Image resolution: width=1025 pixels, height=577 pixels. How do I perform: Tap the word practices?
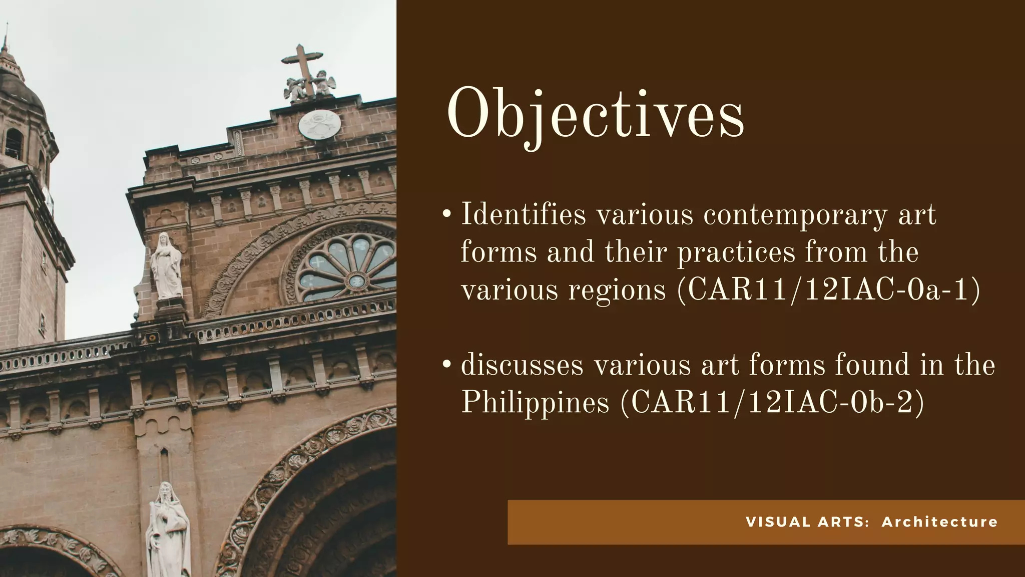[x=736, y=252]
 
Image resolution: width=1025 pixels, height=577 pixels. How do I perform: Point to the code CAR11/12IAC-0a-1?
[x=829, y=290]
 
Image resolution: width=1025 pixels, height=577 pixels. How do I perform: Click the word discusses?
[x=522, y=365]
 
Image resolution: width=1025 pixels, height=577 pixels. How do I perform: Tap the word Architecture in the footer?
[x=939, y=522]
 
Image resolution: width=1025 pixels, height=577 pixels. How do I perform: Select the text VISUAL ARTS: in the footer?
[x=807, y=522]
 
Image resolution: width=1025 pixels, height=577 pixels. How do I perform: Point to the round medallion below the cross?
[x=319, y=125]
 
